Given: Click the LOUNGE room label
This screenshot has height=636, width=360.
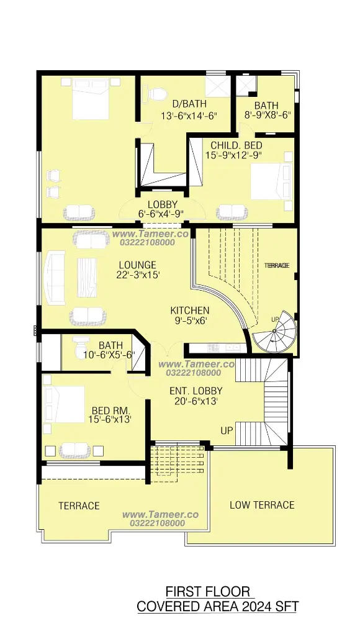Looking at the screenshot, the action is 137,265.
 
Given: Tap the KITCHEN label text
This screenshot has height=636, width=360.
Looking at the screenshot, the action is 190,311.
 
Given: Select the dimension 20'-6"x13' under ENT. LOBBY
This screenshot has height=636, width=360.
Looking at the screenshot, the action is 196,402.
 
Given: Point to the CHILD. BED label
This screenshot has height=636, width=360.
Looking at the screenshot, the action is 236,145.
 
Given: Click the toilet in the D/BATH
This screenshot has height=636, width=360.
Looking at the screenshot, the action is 155,94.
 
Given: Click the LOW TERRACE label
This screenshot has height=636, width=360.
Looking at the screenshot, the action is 262,505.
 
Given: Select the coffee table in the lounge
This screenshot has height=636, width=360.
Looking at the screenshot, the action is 87,278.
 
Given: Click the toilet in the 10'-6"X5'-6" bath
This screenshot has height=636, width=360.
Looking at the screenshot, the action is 79,348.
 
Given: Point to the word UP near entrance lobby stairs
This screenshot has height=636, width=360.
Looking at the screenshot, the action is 227,430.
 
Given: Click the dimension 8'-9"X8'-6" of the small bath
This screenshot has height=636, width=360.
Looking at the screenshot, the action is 268,115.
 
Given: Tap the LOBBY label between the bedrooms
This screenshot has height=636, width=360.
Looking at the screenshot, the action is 162,204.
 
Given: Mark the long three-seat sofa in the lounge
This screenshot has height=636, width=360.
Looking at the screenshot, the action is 55,278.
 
